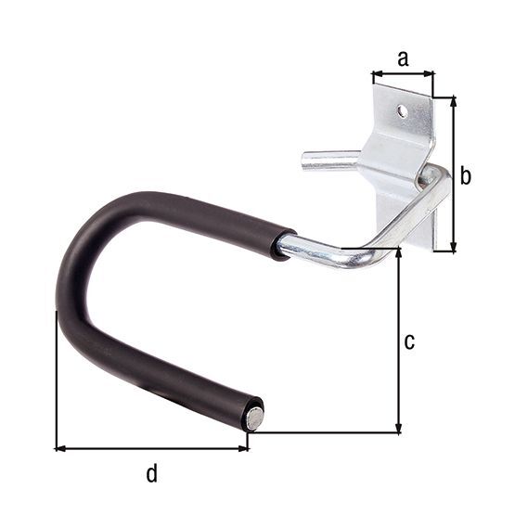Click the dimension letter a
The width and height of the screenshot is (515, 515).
point(402,58)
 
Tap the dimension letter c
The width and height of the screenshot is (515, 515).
point(409,341)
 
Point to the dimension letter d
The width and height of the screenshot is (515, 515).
point(151,474)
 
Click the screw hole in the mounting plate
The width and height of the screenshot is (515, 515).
point(402,111)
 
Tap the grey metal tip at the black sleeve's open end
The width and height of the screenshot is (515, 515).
point(253,418)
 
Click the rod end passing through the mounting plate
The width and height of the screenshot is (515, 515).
point(434,176)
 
